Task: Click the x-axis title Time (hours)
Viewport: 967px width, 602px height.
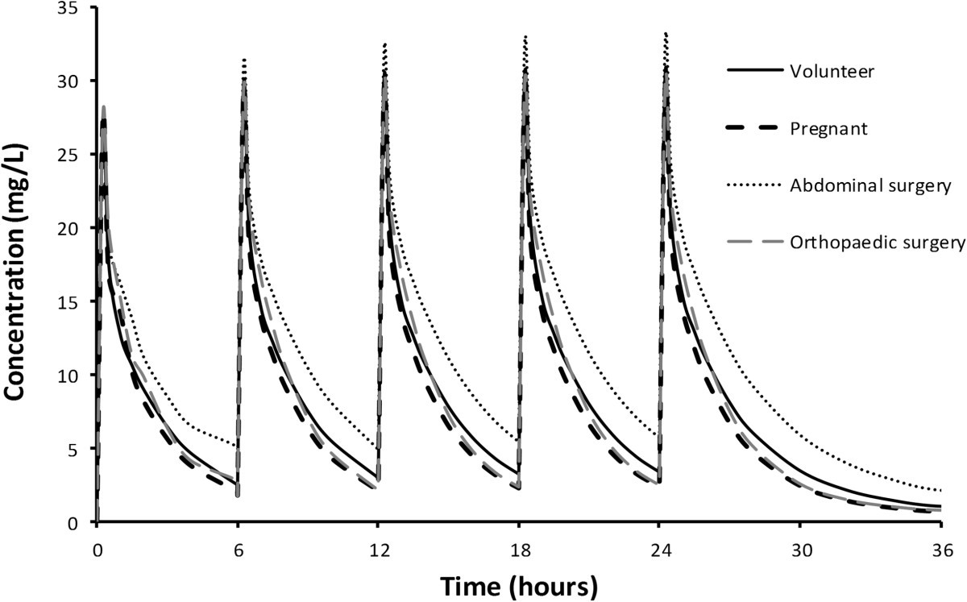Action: pos(518,584)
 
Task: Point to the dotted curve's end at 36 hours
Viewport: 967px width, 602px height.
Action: pos(940,491)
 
